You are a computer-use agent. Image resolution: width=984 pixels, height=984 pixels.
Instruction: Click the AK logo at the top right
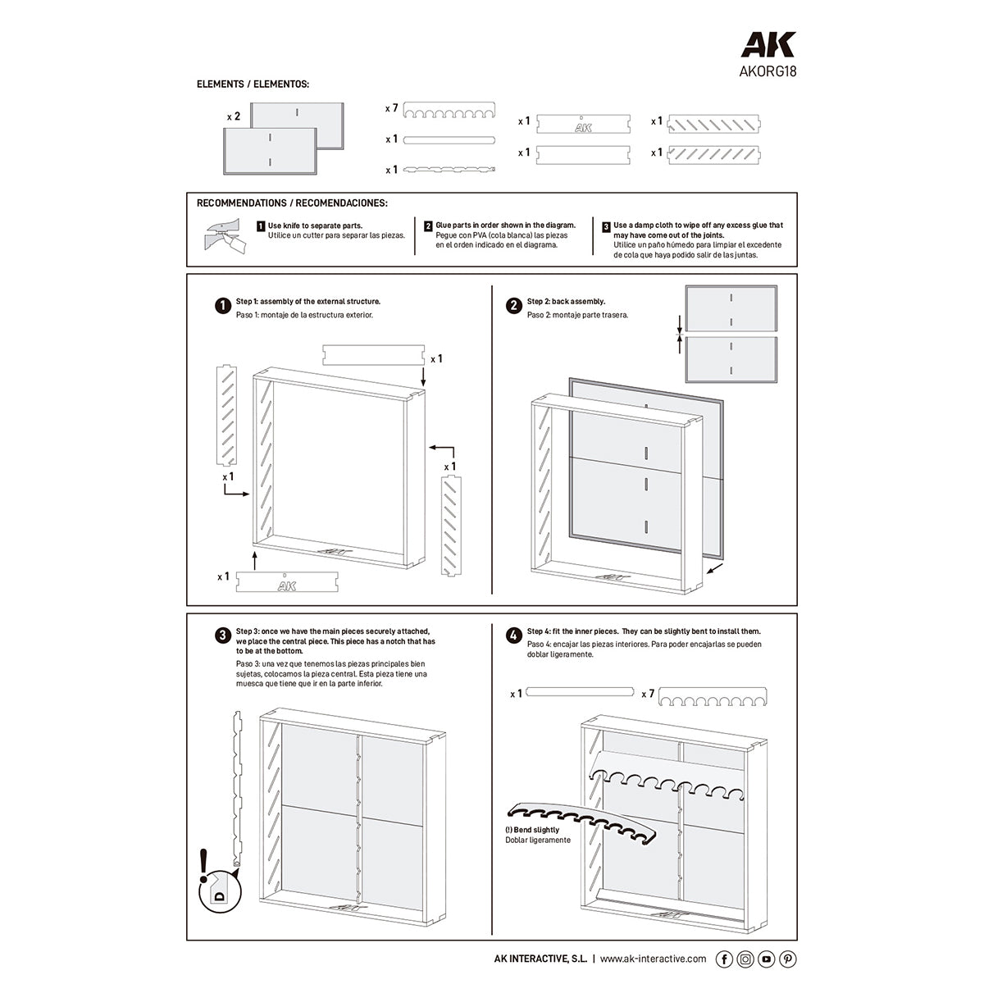pos(768,45)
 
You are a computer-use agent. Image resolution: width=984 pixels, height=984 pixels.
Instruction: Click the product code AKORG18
pos(768,71)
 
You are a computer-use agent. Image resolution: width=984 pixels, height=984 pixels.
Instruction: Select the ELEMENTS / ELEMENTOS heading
pos(253,84)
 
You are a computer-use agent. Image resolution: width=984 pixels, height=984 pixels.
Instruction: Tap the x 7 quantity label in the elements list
pos(391,108)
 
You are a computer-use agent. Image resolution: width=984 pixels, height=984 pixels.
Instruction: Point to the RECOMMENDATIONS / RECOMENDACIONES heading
pos(292,203)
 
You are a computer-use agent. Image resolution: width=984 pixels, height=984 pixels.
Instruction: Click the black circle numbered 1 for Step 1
pos(222,306)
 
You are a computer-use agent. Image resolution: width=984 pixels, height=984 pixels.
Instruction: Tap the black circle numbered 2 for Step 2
pos(513,306)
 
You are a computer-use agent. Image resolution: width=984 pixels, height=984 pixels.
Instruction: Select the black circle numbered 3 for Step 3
pos(222,635)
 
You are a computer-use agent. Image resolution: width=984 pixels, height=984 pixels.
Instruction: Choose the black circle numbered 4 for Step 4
pos(513,635)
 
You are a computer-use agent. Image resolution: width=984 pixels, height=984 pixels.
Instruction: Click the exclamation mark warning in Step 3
pos(204,865)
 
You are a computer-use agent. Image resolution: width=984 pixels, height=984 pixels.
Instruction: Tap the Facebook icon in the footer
pos(724,959)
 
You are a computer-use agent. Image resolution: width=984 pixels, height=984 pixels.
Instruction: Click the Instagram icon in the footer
pos(745,959)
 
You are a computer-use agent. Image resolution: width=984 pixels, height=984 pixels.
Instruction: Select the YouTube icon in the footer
pos(767,959)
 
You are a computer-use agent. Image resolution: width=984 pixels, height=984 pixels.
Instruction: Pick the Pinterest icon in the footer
pos(787,959)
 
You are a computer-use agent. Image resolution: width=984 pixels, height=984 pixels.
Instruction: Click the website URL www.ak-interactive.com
pos(653,959)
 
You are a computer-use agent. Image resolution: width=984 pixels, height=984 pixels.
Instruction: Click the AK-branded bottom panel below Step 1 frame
pos(284,582)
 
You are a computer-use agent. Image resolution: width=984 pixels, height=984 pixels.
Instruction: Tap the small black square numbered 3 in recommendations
pos(606,225)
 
